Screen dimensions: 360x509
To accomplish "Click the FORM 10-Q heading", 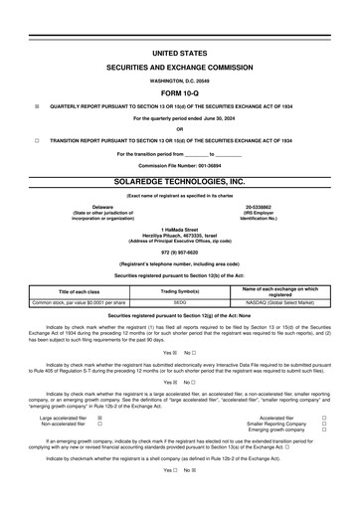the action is pyautogui.click(x=180, y=90).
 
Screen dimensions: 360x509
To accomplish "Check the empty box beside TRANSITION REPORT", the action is pyautogui.click(x=37, y=141).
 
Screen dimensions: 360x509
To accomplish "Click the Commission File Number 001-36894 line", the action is pyautogui.click(x=180, y=164).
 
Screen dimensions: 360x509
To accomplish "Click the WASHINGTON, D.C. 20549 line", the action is pyautogui.click(x=180, y=78).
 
